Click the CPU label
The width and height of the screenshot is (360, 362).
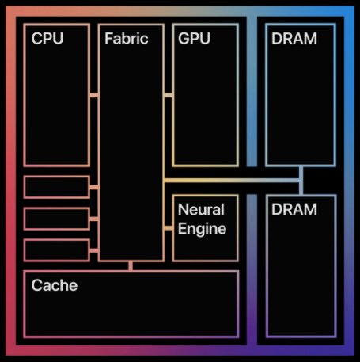[x=47, y=39]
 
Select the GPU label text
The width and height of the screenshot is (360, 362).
[x=195, y=39]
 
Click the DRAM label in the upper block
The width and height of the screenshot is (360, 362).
[x=294, y=39]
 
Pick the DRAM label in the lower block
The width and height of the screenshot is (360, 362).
[x=294, y=210]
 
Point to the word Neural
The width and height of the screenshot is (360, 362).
[x=201, y=211]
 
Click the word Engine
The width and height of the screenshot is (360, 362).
[x=203, y=229]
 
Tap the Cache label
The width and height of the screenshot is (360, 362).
[x=55, y=285]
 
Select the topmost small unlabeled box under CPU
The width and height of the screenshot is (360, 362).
[x=56, y=187]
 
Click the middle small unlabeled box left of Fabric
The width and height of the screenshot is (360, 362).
[x=56, y=218]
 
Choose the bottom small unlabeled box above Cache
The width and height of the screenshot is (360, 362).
[x=56, y=250]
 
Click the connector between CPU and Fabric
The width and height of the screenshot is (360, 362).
[x=94, y=95]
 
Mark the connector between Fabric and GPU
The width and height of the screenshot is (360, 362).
[x=168, y=95]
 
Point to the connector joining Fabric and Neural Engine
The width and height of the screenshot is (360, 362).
[x=168, y=228]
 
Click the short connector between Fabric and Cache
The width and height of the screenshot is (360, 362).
[x=131, y=266]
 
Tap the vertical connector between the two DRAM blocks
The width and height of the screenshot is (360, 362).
[x=301, y=181]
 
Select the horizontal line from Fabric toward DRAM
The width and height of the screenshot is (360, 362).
[x=229, y=181]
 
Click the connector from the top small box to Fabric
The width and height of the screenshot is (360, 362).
[x=94, y=187]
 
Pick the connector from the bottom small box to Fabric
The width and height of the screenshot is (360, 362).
[x=94, y=250]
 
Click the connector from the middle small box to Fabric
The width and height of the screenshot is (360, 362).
[x=94, y=218]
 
